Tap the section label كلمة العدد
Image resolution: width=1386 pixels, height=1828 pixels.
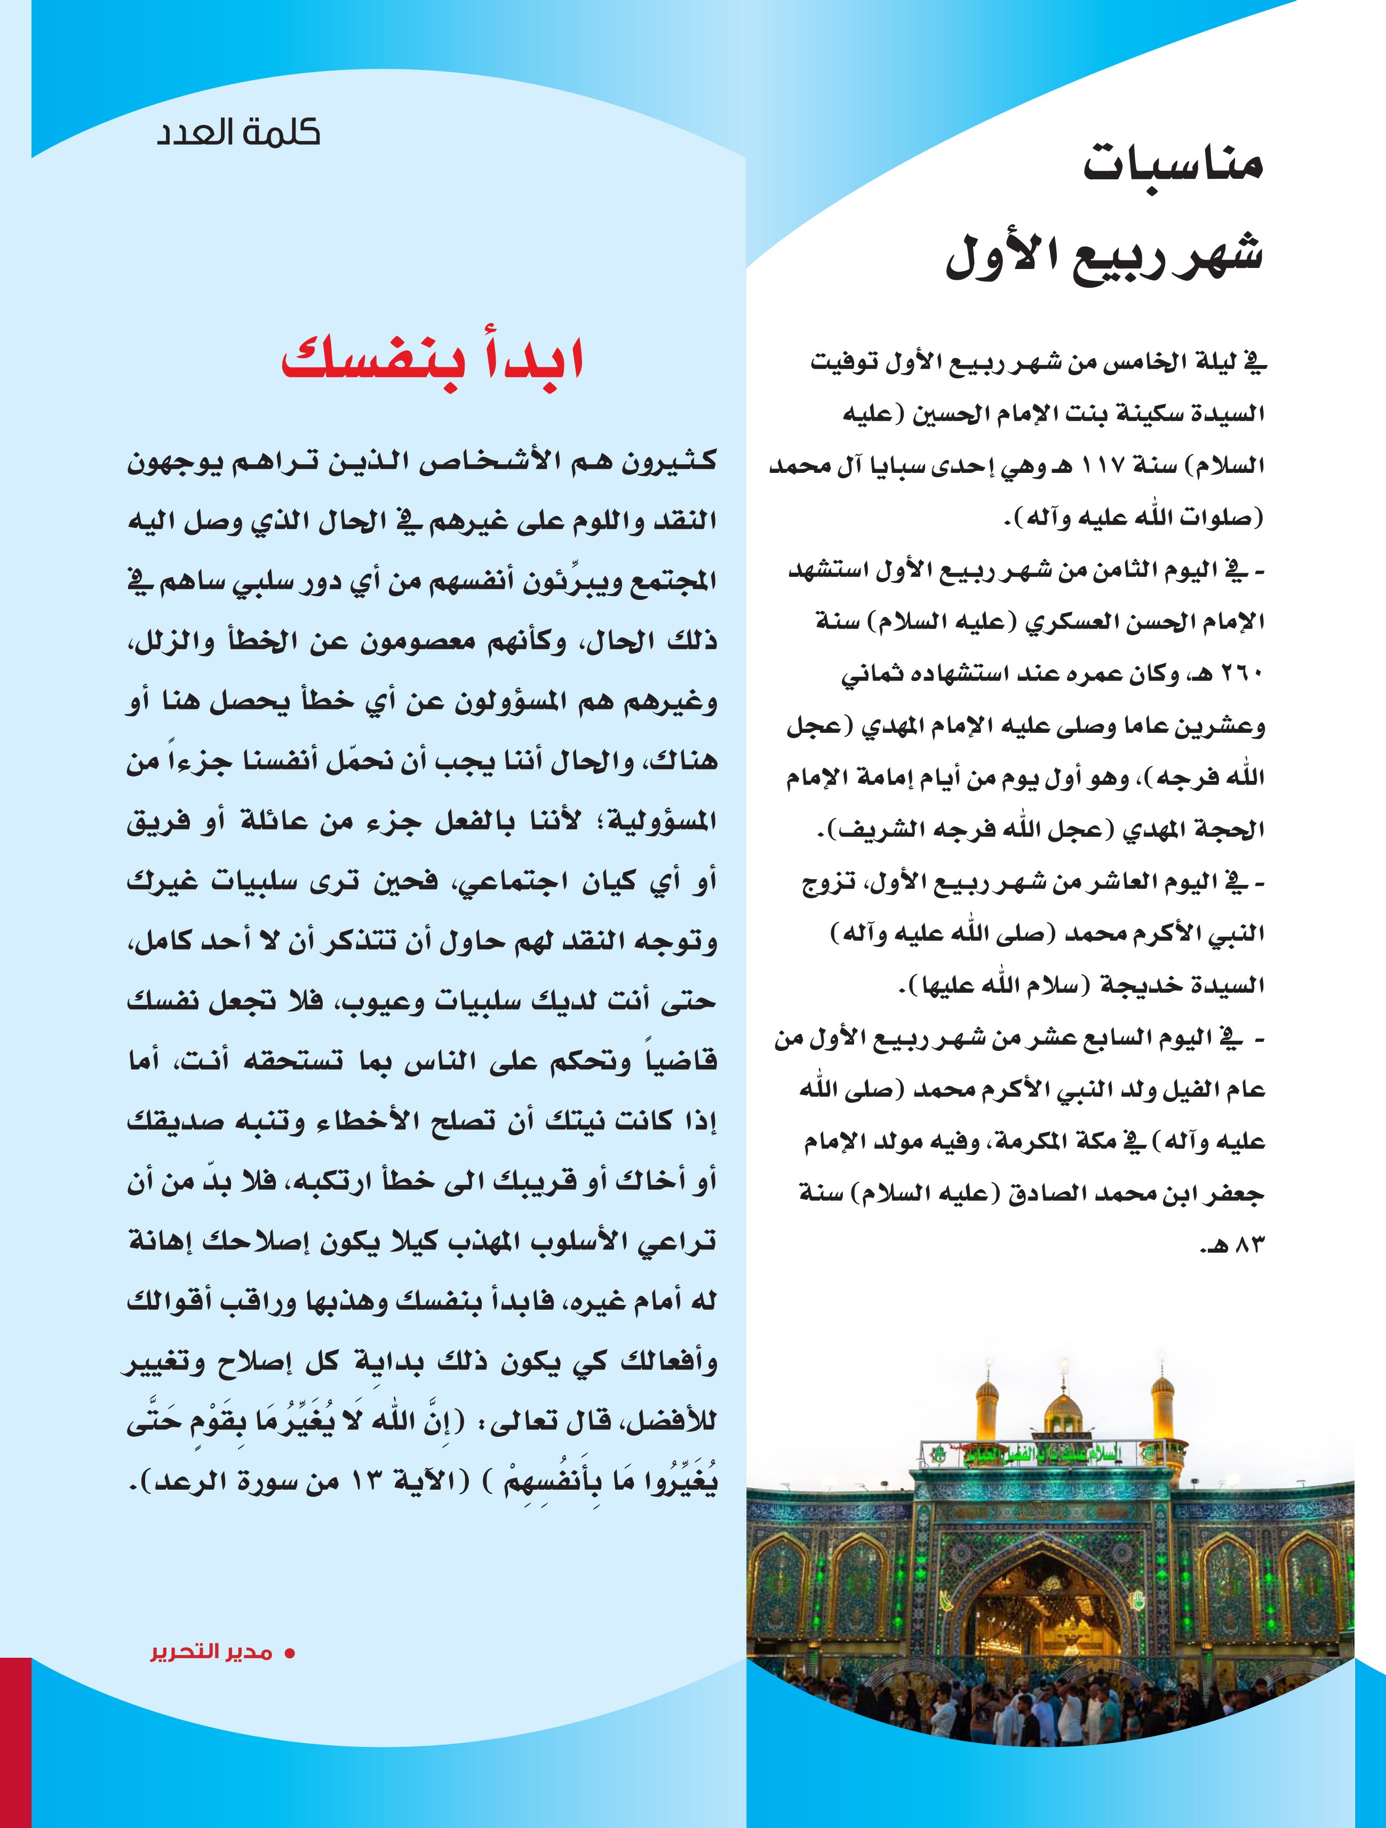point(238,132)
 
